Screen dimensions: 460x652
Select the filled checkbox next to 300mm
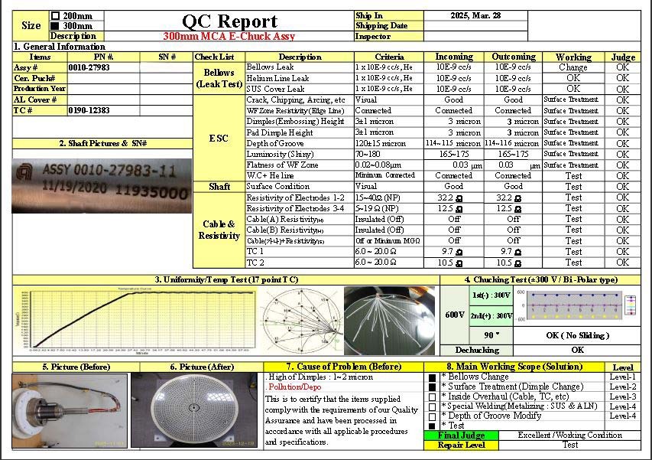(55, 26)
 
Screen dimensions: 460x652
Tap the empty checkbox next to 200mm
(55, 15)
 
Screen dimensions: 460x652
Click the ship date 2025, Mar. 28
(475, 15)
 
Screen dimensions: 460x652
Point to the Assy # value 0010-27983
(89, 67)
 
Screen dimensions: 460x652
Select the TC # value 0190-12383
(89, 110)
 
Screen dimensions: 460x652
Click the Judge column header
(623, 57)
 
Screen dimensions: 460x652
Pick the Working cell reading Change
(573, 67)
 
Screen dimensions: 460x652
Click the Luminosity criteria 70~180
(368, 154)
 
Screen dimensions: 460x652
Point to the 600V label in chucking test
(455, 315)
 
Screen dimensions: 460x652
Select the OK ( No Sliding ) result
(577, 335)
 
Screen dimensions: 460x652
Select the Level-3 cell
(622, 396)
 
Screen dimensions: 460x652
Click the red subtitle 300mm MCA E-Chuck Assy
(229, 36)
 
